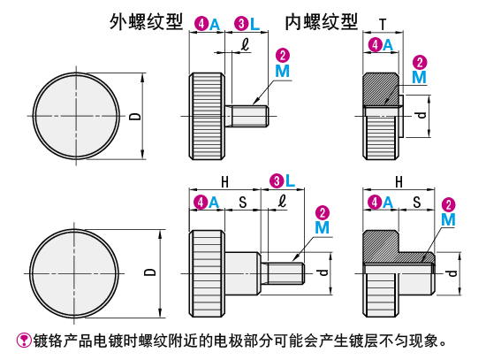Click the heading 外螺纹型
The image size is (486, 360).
coord(147,22)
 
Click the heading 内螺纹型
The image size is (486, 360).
coord(322,22)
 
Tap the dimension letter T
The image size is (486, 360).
coord(383,24)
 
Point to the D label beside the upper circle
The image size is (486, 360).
coord(135,117)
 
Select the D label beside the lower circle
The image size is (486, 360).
coord(150,272)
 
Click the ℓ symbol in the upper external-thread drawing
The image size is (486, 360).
coord(246,45)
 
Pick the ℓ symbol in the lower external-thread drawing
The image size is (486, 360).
coord(282,201)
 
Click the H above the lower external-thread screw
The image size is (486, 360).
coord(225,182)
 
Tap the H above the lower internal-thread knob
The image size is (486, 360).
coord(399,182)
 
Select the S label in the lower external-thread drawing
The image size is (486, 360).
coord(243,203)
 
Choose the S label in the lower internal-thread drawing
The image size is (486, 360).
coord(417,203)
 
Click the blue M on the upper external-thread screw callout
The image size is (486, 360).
coord(283,71)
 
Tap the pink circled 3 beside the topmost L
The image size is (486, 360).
coord(241,24)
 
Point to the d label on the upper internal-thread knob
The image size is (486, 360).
coord(421,116)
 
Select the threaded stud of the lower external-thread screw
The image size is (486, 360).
coord(283,273)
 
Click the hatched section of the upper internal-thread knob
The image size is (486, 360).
coord(382,89)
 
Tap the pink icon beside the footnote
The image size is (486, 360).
coord(24,341)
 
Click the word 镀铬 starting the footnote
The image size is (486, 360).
coord(48,341)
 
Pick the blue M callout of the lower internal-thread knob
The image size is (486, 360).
coord(448,219)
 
